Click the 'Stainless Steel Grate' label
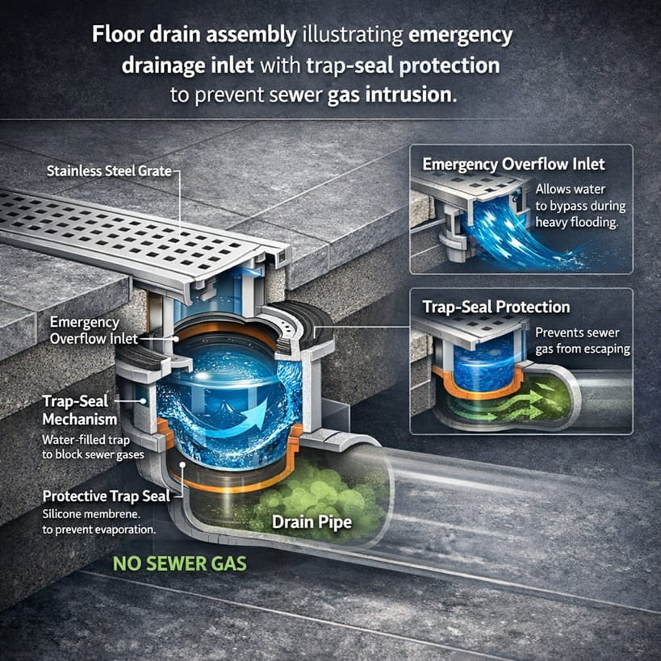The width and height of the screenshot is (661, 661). click(110, 171)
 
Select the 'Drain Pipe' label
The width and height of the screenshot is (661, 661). click(312, 522)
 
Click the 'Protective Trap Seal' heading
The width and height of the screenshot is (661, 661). click(106, 496)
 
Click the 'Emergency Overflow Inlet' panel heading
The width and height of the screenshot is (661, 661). click(513, 165)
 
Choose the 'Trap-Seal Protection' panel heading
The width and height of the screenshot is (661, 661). click(496, 307)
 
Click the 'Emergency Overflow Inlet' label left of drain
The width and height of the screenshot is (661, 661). click(94, 330)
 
